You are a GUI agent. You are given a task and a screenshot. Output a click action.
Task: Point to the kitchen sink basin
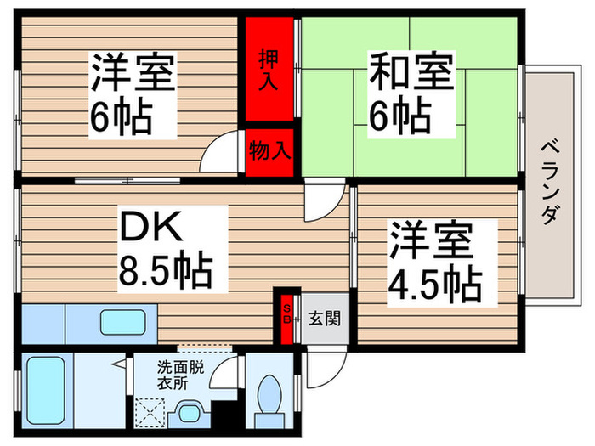(x=127, y=323)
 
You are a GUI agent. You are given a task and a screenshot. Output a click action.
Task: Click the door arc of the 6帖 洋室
(x=224, y=153)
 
